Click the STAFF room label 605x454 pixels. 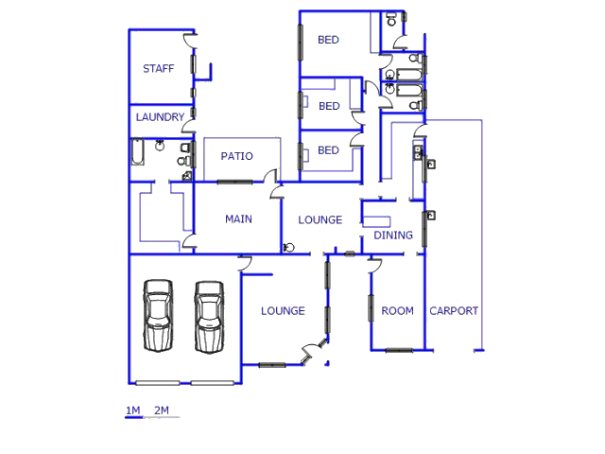point(158,69)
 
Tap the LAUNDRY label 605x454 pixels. point(160,117)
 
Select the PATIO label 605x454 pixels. point(236,156)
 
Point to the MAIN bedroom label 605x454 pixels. point(238,219)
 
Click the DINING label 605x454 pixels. point(393,236)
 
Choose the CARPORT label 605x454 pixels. point(454,311)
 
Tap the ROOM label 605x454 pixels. point(397,311)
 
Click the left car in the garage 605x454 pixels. point(158,315)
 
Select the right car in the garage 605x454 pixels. point(209,317)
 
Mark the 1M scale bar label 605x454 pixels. point(132,410)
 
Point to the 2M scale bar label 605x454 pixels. point(162,410)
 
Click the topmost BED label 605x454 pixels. point(328,40)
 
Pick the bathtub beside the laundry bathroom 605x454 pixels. point(137,151)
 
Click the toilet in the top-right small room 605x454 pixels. point(391,19)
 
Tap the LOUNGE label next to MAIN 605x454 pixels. point(320,220)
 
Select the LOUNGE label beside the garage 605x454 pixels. point(283,311)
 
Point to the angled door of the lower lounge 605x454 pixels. point(314,351)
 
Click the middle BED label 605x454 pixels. point(329,106)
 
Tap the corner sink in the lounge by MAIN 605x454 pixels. point(288,248)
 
